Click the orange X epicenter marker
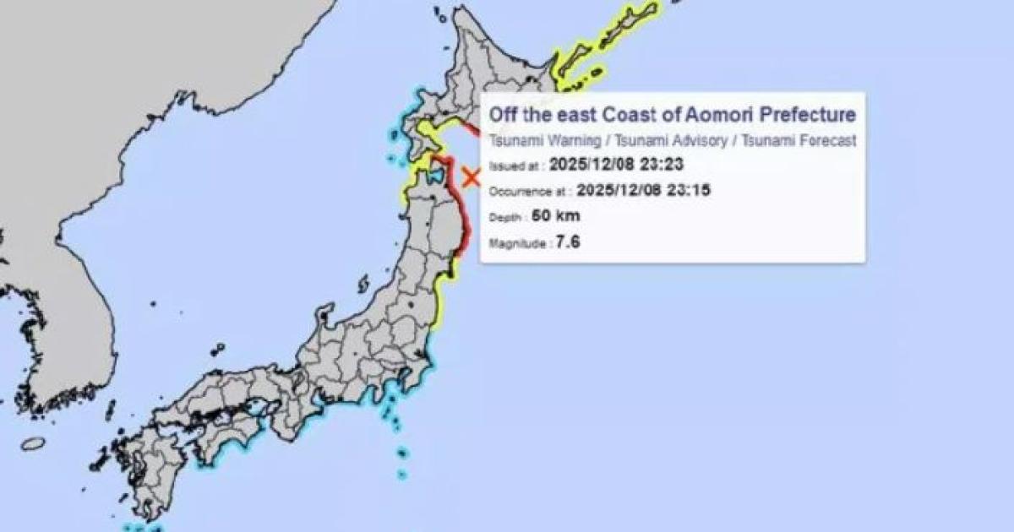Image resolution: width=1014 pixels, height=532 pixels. [x=472, y=177]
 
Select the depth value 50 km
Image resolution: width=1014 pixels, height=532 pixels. [x=556, y=216]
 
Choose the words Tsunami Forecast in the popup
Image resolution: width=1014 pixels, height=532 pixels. [x=799, y=141]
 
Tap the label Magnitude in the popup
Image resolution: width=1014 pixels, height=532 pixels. [x=518, y=244]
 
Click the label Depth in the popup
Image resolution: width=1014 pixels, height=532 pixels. [x=505, y=217]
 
